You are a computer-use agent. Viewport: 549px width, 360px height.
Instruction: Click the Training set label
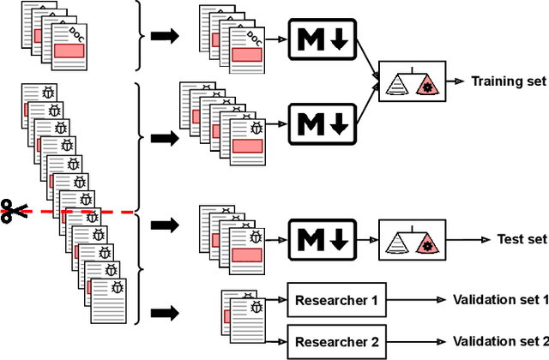tap(508, 82)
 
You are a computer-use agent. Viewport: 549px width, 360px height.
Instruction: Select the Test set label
tap(522, 239)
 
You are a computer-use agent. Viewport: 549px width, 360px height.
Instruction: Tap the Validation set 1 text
tap(500, 300)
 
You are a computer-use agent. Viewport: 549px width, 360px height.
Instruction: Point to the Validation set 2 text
tap(500, 341)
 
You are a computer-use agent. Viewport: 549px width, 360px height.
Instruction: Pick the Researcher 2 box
tap(335, 341)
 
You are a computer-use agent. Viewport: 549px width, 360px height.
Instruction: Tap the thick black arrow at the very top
tap(164, 36)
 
